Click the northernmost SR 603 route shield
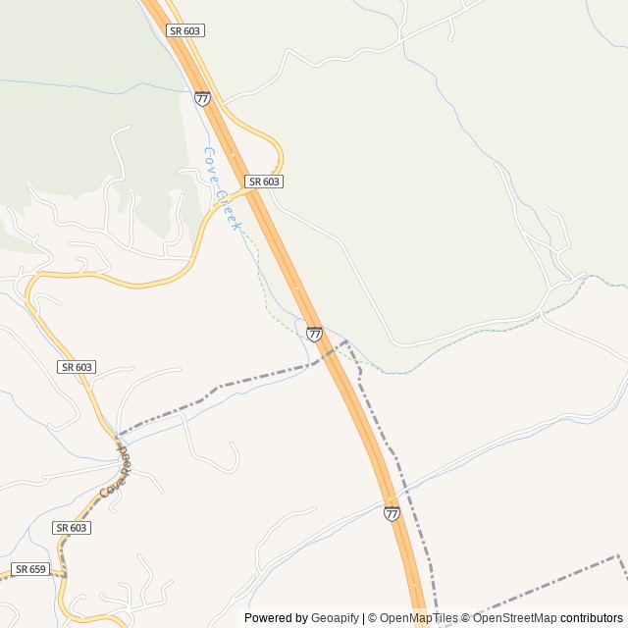click(x=185, y=30)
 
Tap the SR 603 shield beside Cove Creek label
click(x=264, y=182)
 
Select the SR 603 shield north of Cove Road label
click(x=76, y=367)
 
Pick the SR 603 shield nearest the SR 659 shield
click(x=72, y=528)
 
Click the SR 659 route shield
click(x=30, y=569)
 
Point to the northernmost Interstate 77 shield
click(x=202, y=98)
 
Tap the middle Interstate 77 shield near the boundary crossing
click(x=314, y=334)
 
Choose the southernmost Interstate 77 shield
click(x=392, y=513)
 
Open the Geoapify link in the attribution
click(x=335, y=618)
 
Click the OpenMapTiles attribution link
click(x=416, y=618)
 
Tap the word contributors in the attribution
click(x=592, y=618)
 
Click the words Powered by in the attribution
click(x=276, y=618)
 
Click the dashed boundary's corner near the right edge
click(x=618, y=556)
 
